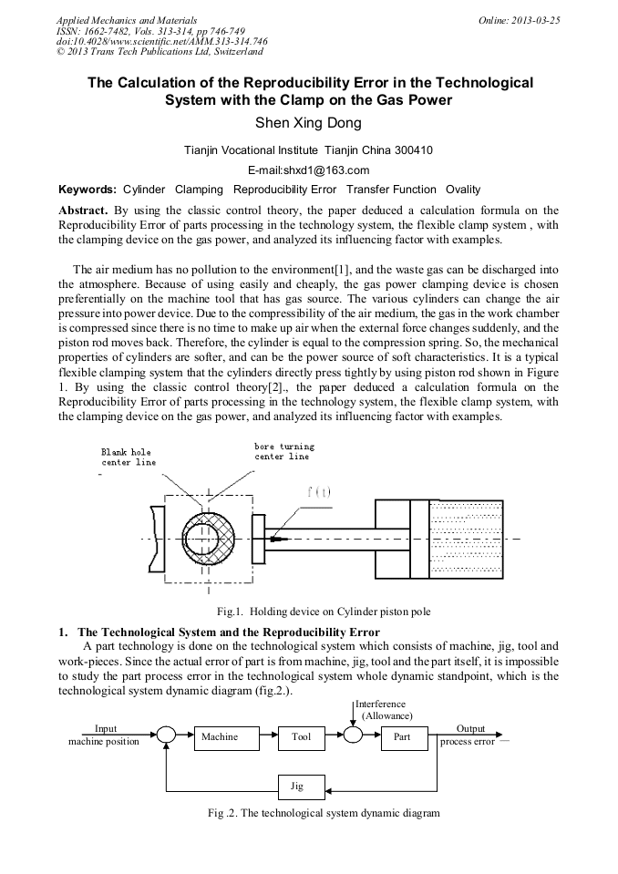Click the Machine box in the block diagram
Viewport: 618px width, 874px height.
coord(220,736)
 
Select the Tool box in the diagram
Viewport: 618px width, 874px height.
coord(302,736)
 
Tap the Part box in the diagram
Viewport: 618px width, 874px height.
coord(403,736)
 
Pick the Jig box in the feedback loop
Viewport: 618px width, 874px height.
coord(296,785)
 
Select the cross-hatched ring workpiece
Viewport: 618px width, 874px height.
coord(210,540)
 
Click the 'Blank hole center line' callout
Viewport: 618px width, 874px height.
coord(129,457)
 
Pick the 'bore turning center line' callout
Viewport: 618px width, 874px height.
coord(284,451)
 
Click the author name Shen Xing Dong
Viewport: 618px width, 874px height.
coord(309,123)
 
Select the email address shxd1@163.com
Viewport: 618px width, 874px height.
coord(308,170)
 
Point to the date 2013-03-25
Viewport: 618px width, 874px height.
coord(535,20)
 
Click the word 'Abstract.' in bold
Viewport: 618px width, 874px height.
coord(83,211)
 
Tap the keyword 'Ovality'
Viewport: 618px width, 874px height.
coord(463,190)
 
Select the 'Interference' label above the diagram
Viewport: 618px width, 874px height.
coord(382,704)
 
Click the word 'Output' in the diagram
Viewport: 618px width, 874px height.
coord(470,728)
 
